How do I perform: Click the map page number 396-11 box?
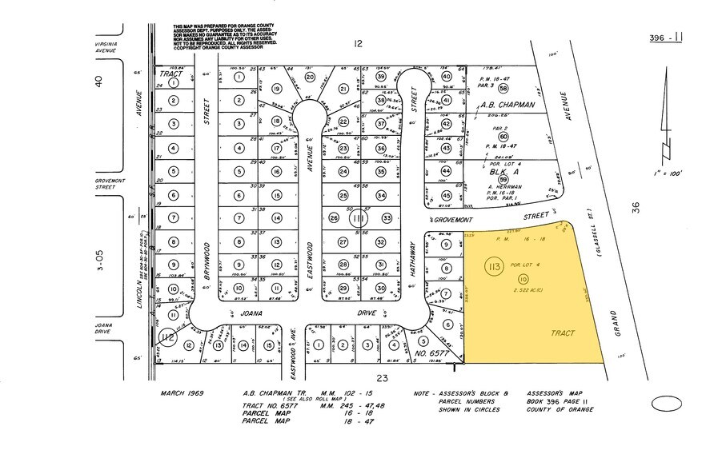667,37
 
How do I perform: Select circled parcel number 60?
503,136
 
